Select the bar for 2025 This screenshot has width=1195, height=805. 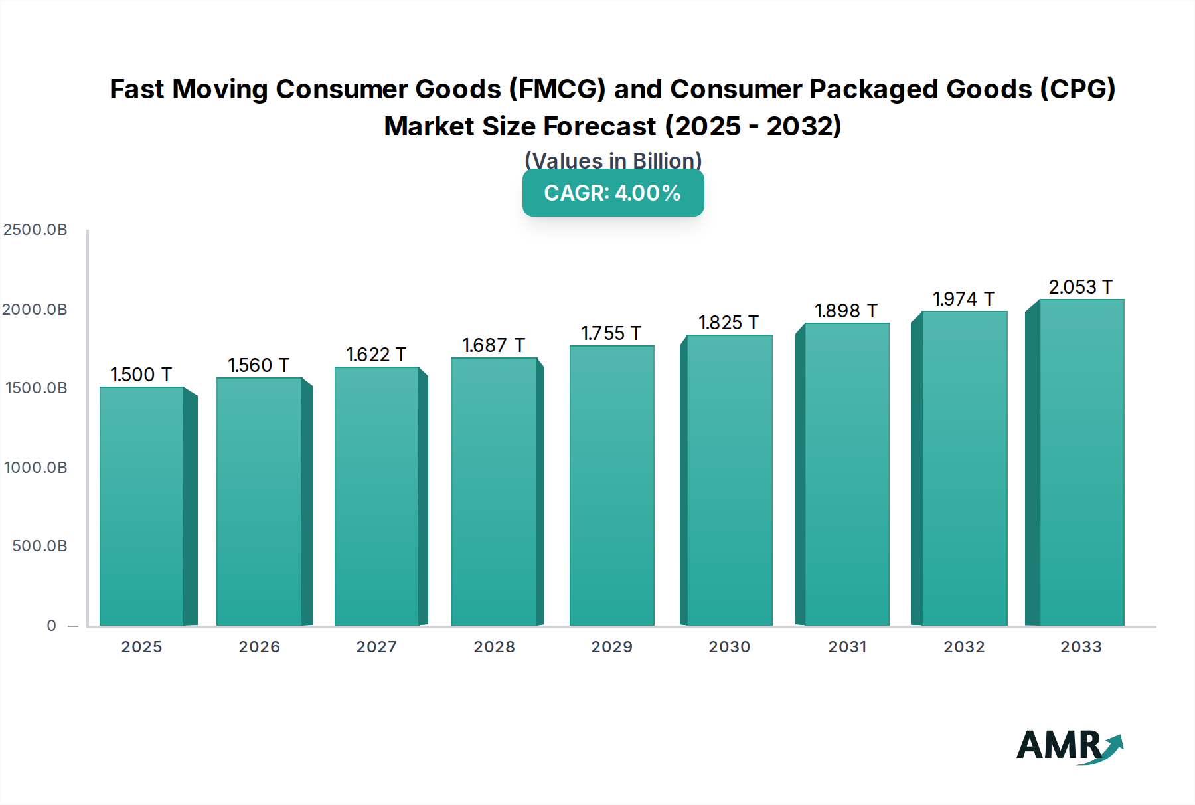click(142, 506)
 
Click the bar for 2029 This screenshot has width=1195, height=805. click(611, 486)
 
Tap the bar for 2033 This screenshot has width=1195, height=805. click(1081, 462)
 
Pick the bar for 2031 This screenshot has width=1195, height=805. click(846, 474)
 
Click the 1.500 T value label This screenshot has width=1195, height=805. click(141, 375)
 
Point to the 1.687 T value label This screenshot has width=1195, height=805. click(493, 345)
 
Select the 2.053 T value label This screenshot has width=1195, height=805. click(1080, 287)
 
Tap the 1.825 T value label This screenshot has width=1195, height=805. click(728, 323)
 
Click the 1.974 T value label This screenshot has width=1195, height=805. click(963, 299)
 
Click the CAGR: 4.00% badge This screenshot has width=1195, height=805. click(613, 193)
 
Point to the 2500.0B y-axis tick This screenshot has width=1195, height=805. click(35, 230)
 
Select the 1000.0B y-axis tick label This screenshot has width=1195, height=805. click(35, 468)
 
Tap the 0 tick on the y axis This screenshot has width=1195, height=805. click(52, 626)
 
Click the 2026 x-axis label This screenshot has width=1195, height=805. click(259, 647)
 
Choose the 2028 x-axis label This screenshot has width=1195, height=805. click(494, 647)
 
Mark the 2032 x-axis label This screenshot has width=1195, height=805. click(964, 647)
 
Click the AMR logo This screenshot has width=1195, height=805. click(1069, 747)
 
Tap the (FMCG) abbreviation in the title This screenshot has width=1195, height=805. click(557, 89)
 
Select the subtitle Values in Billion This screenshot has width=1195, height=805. click(613, 161)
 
